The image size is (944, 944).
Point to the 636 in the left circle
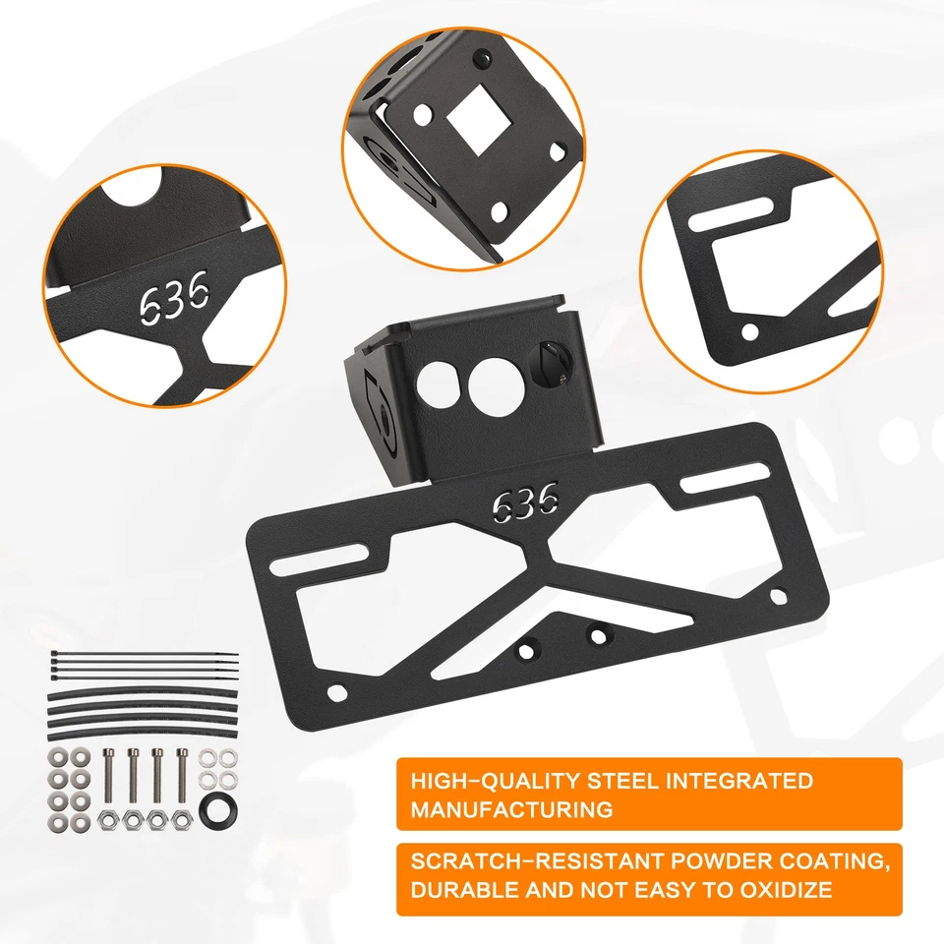click(173, 292)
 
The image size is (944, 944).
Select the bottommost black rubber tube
click(142, 726)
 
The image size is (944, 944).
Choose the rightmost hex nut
click(181, 818)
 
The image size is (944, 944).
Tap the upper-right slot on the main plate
click(715, 483)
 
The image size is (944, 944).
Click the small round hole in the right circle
click(750, 332)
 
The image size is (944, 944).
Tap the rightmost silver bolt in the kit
click(182, 776)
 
